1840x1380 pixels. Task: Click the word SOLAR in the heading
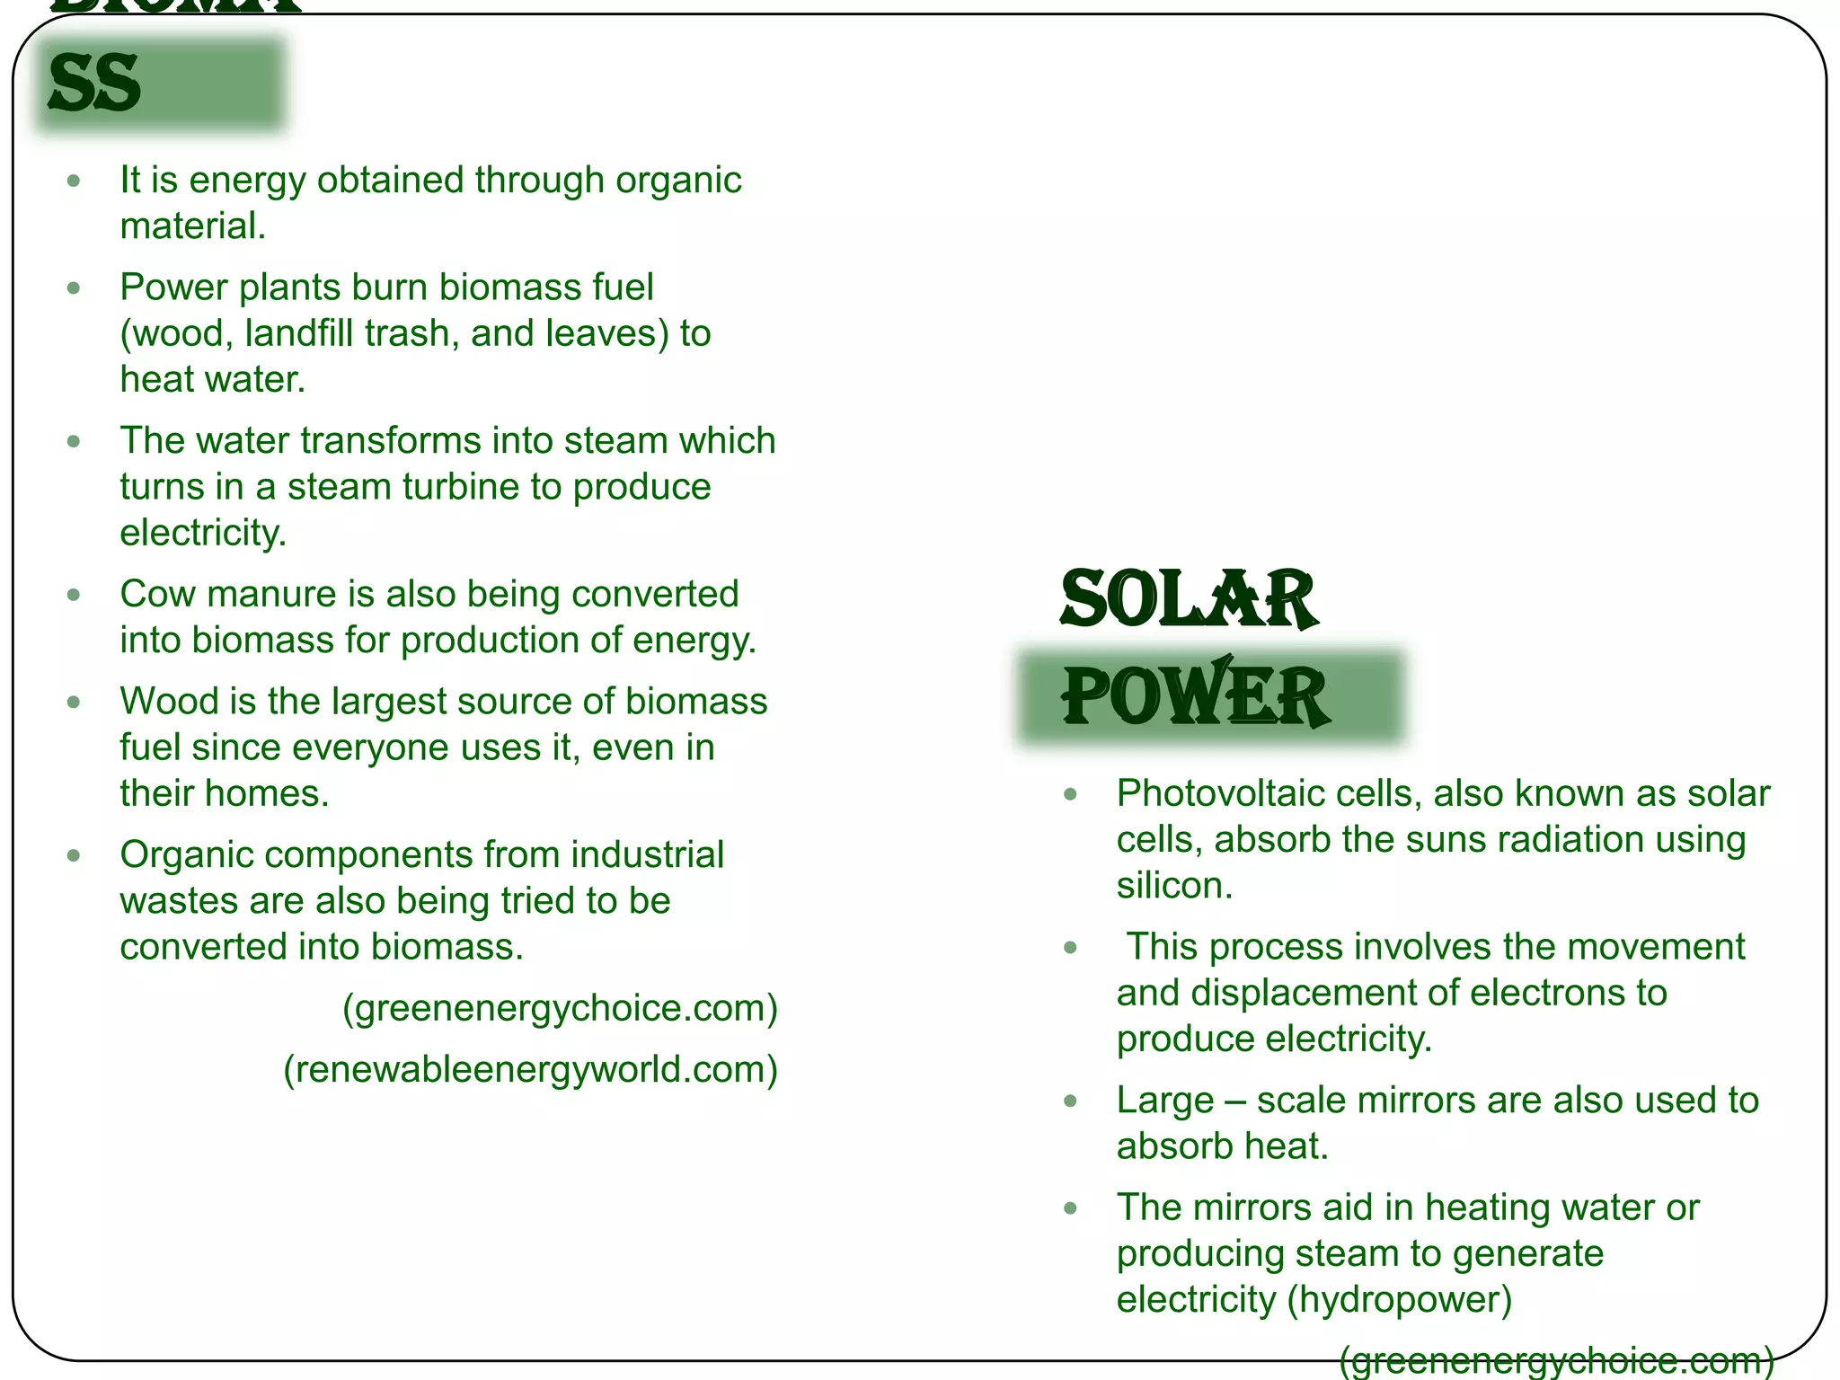pos(1189,599)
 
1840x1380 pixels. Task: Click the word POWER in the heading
pos(1195,696)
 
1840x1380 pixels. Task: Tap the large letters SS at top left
pos(95,84)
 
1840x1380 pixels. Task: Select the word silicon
pos(1172,886)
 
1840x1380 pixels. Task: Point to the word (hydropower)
pos(1400,1300)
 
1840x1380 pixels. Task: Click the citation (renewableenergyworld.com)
pos(530,1069)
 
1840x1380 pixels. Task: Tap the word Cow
pos(158,594)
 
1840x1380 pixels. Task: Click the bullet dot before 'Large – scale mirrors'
pos(1070,1101)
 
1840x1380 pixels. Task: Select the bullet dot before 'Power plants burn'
pos(74,288)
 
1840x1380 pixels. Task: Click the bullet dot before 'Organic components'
pos(74,855)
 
